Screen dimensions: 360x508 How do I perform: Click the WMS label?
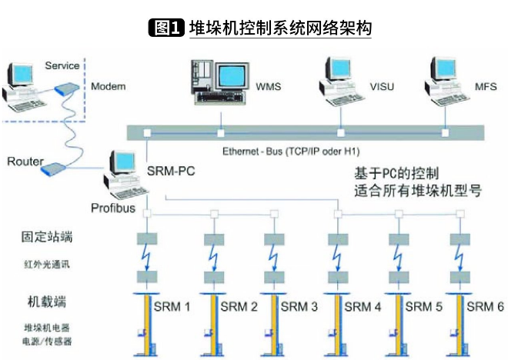pos(269,86)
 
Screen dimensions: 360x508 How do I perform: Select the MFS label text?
pos(485,86)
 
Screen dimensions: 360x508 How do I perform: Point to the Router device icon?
pos(55,168)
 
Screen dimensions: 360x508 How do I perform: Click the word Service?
pos(62,66)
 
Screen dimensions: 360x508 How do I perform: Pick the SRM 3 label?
pos(299,307)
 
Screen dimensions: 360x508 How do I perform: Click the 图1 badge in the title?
pos(165,29)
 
